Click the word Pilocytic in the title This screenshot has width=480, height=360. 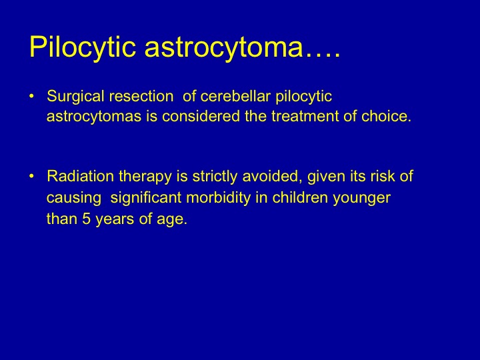[x=83, y=47]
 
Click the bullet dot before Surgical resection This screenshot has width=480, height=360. [x=31, y=96]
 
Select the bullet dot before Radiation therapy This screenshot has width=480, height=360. [x=31, y=176]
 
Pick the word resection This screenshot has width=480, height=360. [x=141, y=96]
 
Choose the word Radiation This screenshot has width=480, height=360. [x=80, y=176]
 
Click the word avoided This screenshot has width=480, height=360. [x=272, y=177]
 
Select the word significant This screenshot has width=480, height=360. [x=146, y=199]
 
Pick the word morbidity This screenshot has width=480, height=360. [x=218, y=199]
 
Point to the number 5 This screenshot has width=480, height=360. [x=86, y=219]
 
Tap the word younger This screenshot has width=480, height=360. [x=361, y=199]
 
